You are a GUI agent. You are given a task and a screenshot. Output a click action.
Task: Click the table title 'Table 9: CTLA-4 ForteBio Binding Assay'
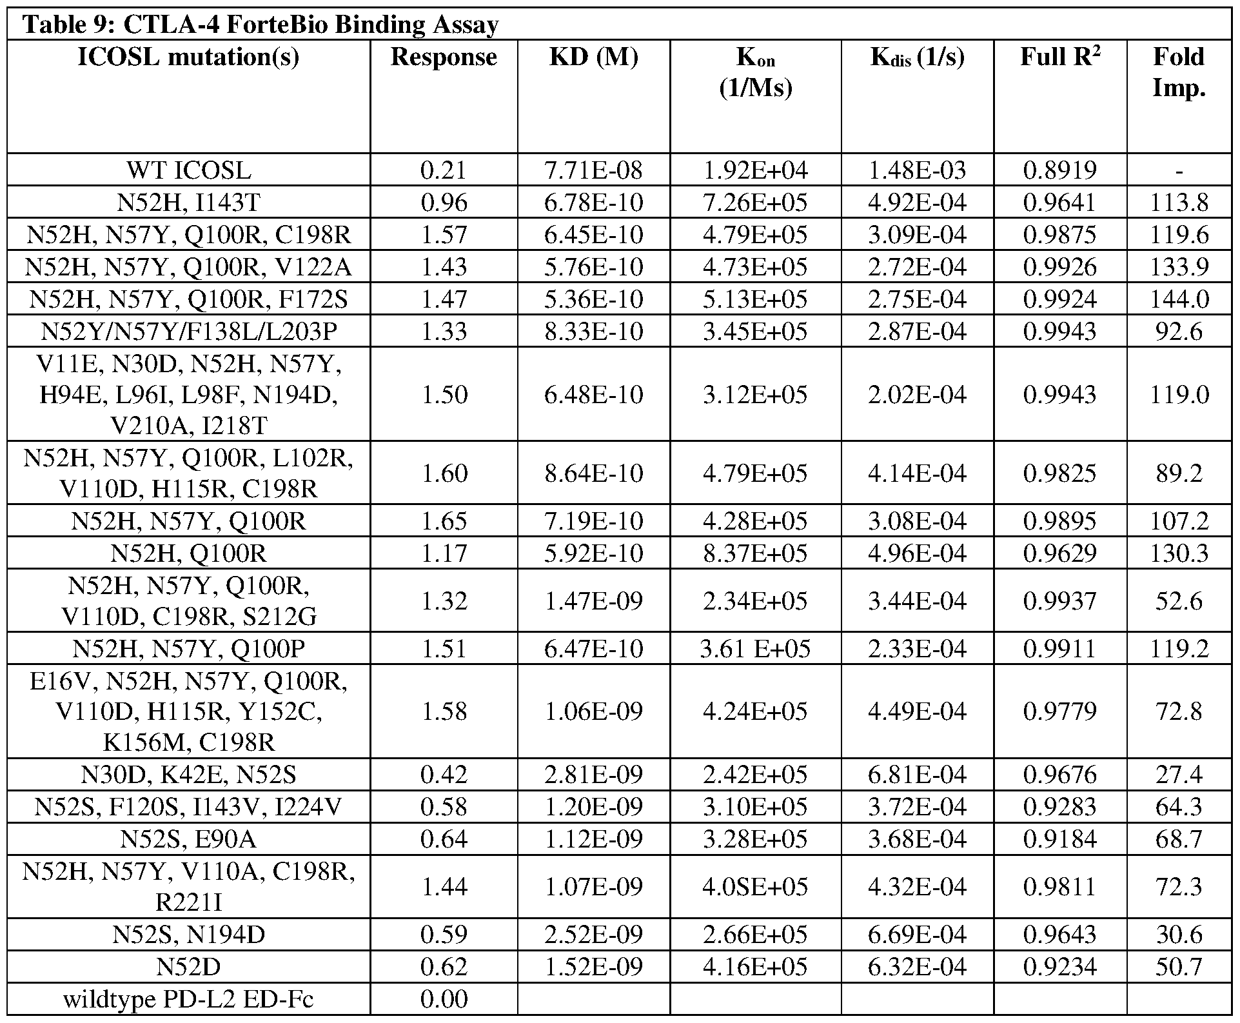tap(261, 25)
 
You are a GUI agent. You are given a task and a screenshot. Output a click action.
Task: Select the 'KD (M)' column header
tap(593, 57)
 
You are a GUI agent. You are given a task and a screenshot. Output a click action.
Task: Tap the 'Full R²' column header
tap(1060, 57)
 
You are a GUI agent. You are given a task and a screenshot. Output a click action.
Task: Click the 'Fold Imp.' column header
tap(1178, 72)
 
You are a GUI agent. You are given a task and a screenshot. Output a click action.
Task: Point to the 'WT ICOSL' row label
tap(189, 170)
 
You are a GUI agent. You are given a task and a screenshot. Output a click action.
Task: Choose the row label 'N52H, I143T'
tap(189, 203)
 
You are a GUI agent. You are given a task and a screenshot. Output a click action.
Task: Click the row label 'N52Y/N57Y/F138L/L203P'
tap(189, 331)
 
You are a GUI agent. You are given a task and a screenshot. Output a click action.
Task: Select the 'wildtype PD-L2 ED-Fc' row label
tap(189, 999)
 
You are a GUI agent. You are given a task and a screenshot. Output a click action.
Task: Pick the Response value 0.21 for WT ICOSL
tap(444, 170)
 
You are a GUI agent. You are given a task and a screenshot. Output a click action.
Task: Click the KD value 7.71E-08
tap(593, 170)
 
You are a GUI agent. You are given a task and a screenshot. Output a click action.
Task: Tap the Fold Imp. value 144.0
tap(1179, 299)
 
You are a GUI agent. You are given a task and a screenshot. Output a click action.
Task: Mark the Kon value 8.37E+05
tap(755, 553)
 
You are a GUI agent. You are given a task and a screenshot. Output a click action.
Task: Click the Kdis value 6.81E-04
tap(917, 774)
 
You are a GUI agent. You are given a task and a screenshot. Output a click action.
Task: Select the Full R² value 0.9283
tap(1060, 806)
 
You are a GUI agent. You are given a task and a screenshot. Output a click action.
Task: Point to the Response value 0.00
tap(444, 999)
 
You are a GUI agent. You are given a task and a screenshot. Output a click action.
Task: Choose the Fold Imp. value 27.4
tap(1179, 774)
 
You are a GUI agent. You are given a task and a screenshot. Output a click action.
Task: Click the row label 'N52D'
tap(189, 967)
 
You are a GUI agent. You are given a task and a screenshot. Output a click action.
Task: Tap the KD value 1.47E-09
tap(593, 601)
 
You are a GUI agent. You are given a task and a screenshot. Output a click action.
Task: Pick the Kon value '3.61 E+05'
tap(755, 648)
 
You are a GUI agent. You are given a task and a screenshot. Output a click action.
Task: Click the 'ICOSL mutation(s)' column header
tap(189, 57)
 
